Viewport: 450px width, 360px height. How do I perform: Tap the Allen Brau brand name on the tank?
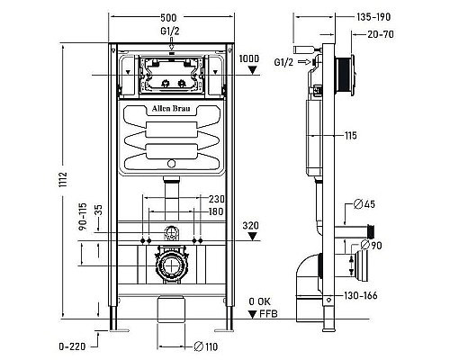(x=171, y=116)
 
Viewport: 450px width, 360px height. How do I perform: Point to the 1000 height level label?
(x=251, y=58)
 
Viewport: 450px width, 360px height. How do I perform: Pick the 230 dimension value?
(x=216, y=200)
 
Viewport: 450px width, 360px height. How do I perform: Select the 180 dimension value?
(x=216, y=211)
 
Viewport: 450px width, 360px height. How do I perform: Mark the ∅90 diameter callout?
(x=373, y=246)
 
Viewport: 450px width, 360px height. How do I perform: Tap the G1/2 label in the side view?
(x=286, y=61)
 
